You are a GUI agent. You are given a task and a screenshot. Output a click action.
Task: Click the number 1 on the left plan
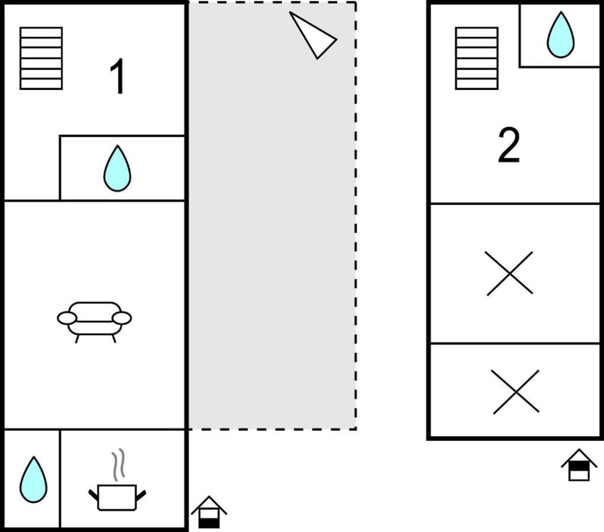117,76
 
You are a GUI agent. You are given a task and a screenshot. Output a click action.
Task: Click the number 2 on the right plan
509,145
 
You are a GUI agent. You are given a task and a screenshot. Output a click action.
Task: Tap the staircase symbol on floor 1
41,58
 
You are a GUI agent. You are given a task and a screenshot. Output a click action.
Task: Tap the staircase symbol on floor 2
477,58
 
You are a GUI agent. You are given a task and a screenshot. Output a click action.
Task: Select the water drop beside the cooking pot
34,479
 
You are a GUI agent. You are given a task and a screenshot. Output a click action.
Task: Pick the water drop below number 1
117,168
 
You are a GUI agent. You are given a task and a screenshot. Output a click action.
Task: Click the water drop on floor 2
560,35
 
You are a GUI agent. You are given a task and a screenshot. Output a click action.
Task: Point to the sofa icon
95,322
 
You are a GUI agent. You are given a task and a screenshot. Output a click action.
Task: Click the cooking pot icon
117,497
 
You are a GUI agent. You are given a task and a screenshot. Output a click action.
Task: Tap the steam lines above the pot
119,464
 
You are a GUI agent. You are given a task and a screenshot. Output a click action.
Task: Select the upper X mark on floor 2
509,273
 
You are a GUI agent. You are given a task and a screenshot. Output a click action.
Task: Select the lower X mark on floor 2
515,391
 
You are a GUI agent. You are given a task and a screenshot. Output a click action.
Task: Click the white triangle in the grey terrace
313,35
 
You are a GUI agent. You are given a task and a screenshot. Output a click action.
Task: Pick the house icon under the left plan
209,512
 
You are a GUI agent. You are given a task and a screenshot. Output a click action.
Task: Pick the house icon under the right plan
579,465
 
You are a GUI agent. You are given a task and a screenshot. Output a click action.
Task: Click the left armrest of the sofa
67,319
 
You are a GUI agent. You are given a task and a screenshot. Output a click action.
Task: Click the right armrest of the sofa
122,319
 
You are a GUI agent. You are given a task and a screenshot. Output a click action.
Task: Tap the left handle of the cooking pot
93,495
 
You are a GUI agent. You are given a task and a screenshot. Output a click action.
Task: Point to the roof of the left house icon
209,504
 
